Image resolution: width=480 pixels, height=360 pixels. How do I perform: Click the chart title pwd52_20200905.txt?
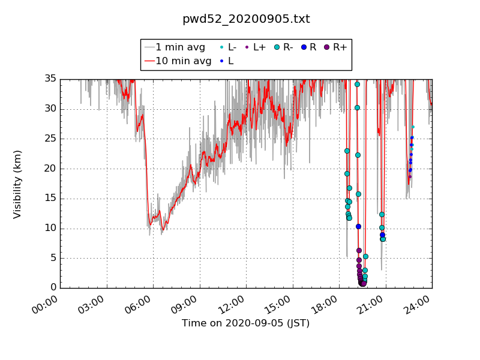[246, 19]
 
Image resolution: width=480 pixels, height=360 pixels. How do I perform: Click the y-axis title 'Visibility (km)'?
[17, 184]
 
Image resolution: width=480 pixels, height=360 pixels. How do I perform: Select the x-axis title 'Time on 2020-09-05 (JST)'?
[246, 323]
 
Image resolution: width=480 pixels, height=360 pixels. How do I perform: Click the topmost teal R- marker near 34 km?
[357, 84]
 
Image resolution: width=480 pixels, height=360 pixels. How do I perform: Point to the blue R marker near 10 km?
[358, 226]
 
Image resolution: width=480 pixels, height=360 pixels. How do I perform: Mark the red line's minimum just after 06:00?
[162, 229]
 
